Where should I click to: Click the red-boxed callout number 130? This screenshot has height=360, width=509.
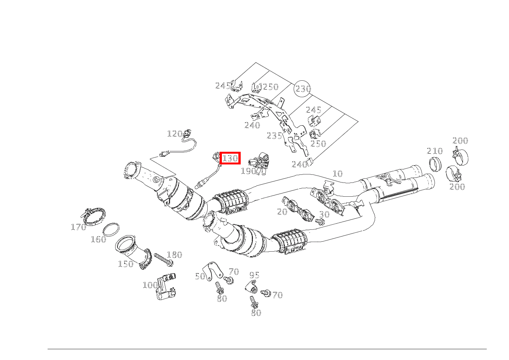tap(230, 158)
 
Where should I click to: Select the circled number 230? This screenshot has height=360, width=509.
tap(302, 89)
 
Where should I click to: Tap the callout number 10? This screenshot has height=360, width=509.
tap(337, 174)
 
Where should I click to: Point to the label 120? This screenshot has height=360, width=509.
tap(174, 134)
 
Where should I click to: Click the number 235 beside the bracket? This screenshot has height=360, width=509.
tap(274, 136)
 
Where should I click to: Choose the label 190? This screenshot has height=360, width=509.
tap(248, 171)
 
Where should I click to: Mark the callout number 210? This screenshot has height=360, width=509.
tap(435, 151)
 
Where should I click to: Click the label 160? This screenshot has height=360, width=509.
tap(98, 239)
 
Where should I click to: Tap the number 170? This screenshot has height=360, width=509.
tap(78, 227)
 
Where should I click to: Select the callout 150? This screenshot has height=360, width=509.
tap(125, 264)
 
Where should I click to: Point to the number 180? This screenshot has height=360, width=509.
tap(174, 255)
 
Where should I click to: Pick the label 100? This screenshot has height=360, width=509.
tap(150, 285)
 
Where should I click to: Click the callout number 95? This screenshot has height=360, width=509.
tap(254, 275)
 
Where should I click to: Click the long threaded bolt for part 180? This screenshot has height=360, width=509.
tap(164, 259)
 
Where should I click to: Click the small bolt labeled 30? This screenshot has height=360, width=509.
tap(319, 222)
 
